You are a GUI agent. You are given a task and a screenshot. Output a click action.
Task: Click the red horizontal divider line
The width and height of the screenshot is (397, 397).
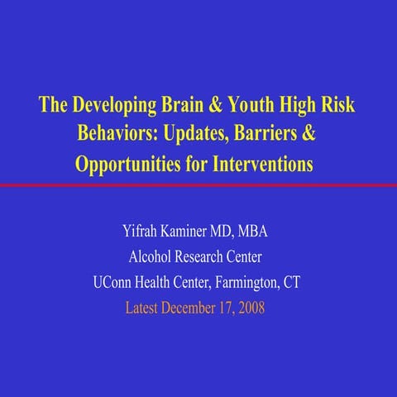pos(198,184)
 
